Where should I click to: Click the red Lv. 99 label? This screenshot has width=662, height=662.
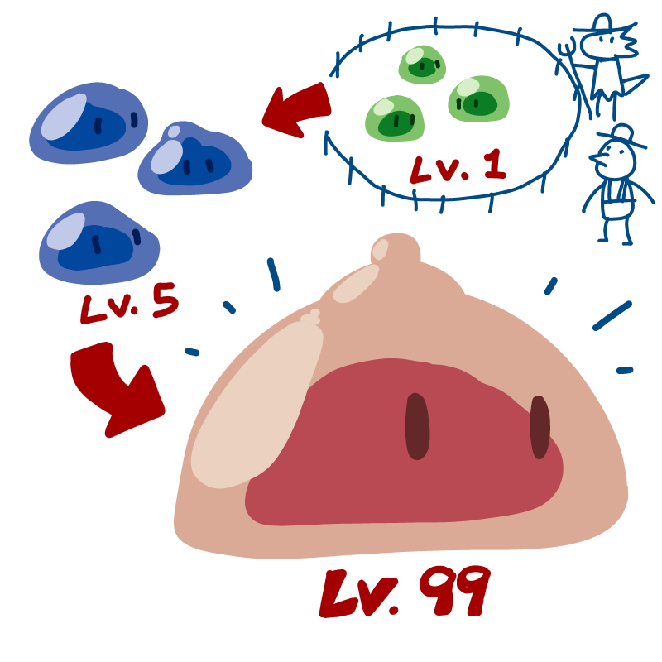tap(405, 592)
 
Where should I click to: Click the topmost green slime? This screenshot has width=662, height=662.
tap(423, 65)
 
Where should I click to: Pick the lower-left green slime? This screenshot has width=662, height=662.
tap(394, 118)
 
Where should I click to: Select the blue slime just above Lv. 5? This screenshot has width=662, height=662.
tap(98, 242)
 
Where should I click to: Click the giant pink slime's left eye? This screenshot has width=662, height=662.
tap(416, 426)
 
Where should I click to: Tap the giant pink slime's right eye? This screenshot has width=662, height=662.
tap(540, 426)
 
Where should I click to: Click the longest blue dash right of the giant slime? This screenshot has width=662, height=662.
tap(612, 316)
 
